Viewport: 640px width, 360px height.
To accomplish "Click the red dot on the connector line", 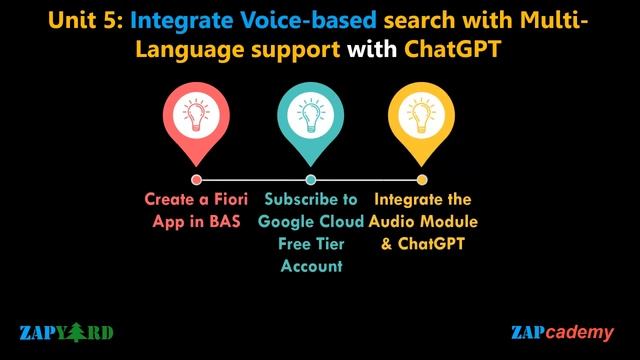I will (196, 180).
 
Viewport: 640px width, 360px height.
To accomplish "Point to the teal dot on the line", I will (310, 180).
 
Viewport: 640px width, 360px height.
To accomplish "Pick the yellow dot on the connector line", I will (422, 180).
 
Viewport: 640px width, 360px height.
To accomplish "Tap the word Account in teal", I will (311, 265).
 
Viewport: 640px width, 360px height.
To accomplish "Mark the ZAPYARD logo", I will (66, 332).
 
